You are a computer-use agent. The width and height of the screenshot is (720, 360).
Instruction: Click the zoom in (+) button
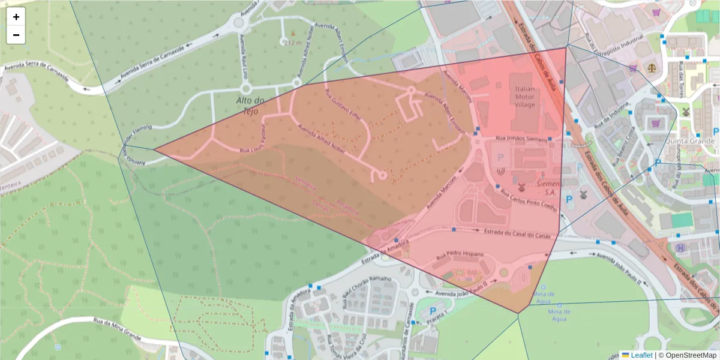pyautogui.click(x=16, y=17)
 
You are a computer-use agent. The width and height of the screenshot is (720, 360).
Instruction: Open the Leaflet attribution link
pyautogui.click(x=641, y=355)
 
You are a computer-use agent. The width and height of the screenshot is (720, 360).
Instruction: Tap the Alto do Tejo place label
pyautogui.click(x=251, y=106)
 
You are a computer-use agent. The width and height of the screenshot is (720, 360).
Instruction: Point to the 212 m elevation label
pyautogui.click(x=293, y=43)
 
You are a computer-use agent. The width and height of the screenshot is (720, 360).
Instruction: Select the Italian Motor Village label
pyautogui.click(x=524, y=96)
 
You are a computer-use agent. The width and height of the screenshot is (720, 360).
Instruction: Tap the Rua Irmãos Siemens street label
pyautogui.click(x=520, y=139)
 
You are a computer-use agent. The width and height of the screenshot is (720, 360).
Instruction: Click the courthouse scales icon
pyautogui.click(x=652, y=67)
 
